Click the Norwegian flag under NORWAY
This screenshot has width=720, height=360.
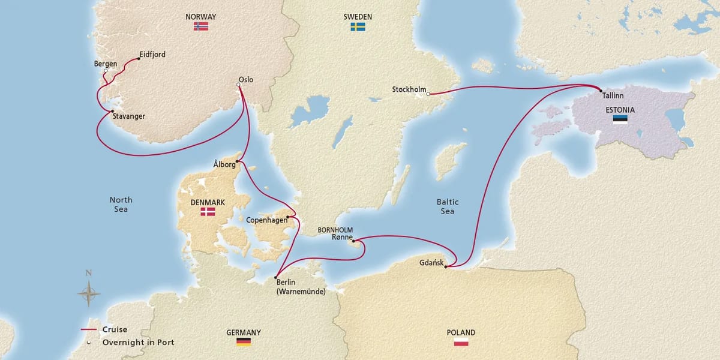(201, 27)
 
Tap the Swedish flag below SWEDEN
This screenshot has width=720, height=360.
(358, 27)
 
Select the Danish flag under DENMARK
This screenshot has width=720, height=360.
(208, 212)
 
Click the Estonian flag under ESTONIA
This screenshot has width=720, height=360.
(620, 119)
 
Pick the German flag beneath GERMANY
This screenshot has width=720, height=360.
(244, 342)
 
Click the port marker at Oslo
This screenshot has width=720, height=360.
(239, 85)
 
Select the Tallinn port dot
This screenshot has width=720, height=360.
(600, 91)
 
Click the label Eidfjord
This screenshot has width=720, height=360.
(152, 55)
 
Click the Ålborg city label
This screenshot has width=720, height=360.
(224, 163)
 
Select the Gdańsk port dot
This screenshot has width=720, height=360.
(446, 266)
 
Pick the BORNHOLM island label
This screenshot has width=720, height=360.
(337, 230)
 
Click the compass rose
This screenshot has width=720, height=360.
(88, 293)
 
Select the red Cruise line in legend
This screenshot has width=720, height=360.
(89, 330)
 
